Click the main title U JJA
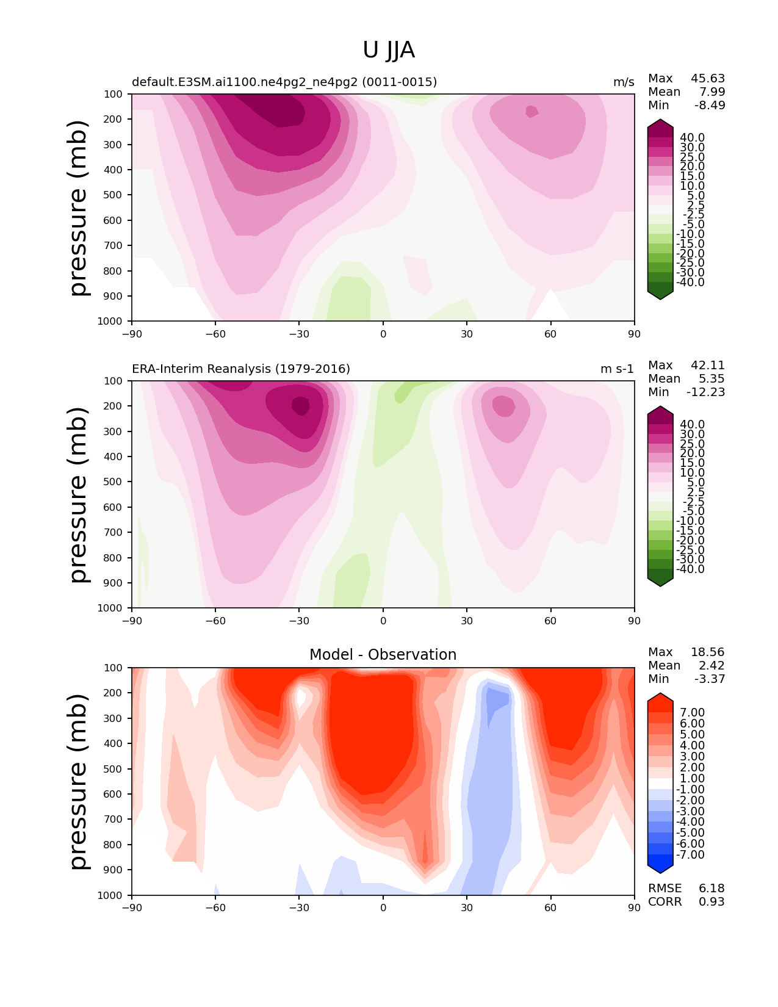click(388, 50)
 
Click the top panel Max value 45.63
click(708, 78)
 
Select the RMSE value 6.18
click(711, 888)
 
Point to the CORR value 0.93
click(711, 901)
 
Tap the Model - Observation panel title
click(383, 654)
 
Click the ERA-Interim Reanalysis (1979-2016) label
click(241, 369)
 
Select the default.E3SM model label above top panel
click(284, 82)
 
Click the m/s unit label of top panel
click(624, 82)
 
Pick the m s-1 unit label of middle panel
click(617, 369)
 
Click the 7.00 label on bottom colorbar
click(693, 712)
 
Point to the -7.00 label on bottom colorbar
click(690, 854)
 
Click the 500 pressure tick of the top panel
click(113, 195)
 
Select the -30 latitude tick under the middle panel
click(299, 621)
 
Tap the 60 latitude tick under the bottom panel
click(550, 908)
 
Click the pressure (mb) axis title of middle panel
click(79, 494)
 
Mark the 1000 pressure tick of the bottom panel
click(110, 895)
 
